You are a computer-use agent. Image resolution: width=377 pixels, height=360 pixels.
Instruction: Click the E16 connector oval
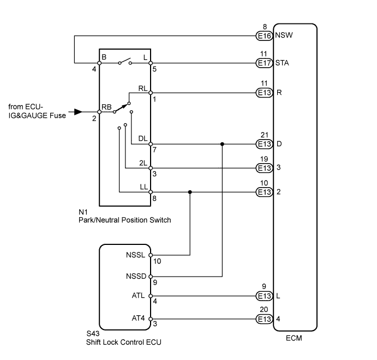[x=265, y=36]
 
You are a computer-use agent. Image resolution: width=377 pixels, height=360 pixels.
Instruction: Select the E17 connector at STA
[x=265, y=63]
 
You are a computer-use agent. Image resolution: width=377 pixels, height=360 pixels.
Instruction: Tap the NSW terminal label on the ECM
[x=284, y=36]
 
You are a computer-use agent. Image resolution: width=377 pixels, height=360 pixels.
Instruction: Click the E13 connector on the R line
[x=265, y=93]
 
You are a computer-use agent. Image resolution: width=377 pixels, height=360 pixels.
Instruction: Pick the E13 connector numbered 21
[x=265, y=145]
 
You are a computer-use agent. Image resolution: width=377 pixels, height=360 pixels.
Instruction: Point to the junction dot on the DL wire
[x=222, y=145]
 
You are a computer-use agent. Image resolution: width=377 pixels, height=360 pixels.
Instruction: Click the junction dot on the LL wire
[x=189, y=192]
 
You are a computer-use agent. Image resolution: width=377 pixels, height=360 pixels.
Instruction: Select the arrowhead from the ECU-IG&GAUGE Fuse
[x=79, y=112]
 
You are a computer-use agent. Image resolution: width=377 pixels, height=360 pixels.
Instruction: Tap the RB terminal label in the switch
[x=106, y=107]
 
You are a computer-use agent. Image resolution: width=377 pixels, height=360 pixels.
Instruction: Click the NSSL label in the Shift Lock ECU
[x=136, y=255]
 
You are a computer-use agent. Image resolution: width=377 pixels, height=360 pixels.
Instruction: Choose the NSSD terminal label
[x=135, y=276]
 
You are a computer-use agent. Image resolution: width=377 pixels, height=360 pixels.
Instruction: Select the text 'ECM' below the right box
[x=295, y=338]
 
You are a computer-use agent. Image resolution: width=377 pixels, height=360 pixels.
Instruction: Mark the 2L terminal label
[x=143, y=163]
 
